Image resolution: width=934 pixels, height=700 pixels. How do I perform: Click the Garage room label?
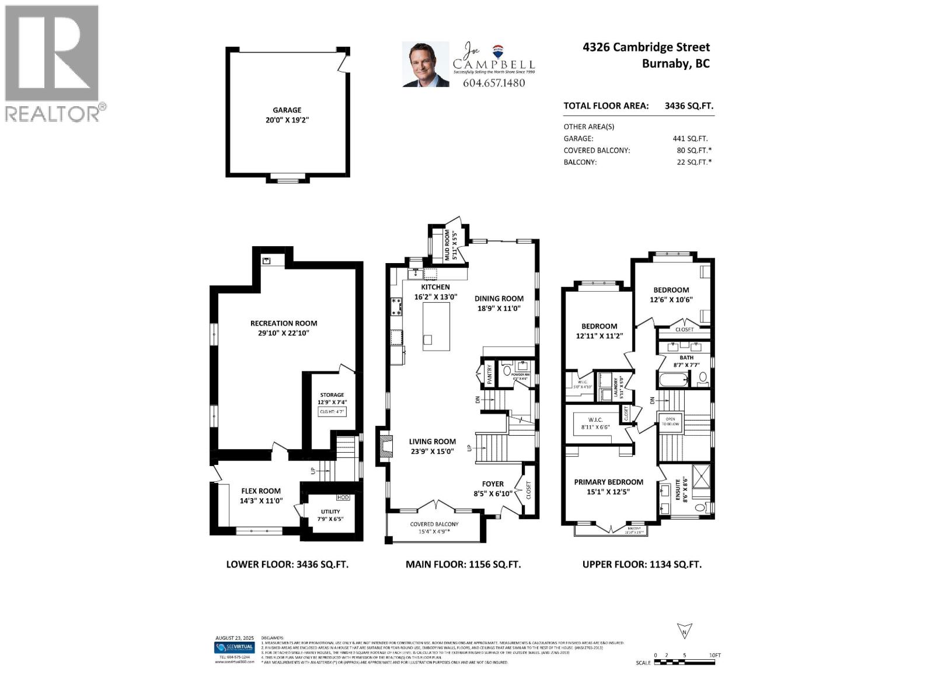pyautogui.click(x=287, y=110)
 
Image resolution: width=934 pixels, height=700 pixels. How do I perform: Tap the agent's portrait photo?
pyautogui.click(x=426, y=64)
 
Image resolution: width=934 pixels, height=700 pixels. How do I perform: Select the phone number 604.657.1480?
pyautogui.click(x=493, y=83)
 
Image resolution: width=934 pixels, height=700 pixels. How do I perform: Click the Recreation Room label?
pyautogui.click(x=284, y=323)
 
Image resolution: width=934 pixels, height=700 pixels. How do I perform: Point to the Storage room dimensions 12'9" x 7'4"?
pyautogui.click(x=332, y=402)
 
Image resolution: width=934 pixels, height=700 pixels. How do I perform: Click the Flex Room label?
pyautogui.click(x=261, y=491)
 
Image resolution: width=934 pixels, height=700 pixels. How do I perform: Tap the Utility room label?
pyautogui.click(x=330, y=512)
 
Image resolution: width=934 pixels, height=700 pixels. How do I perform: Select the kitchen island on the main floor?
pyautogui.click(x=436, y=327)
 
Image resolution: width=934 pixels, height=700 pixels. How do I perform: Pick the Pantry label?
pyautogui.click(x=490, y=374)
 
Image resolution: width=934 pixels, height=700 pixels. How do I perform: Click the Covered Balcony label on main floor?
pyautogui.click(x=434, y=524)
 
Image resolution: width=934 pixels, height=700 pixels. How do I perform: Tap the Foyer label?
pyautogui.click(x=493, y=484)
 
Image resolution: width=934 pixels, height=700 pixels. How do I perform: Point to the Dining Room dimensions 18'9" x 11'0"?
pyautogui.click(x=499, y=309)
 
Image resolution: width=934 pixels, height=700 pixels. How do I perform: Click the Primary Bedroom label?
pyautogui.click(x=608, y=482)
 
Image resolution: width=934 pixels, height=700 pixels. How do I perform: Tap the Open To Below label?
pyautogui.click(x=670, y=421)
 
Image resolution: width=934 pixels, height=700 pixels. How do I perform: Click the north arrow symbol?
pyautogui.click(x=684, y=631)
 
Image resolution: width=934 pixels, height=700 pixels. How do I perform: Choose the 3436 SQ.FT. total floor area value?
pyautogui.click(x=689, y=106)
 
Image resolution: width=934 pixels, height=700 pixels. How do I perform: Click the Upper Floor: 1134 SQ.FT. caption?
pyautogui.click(x=642, y=564)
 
